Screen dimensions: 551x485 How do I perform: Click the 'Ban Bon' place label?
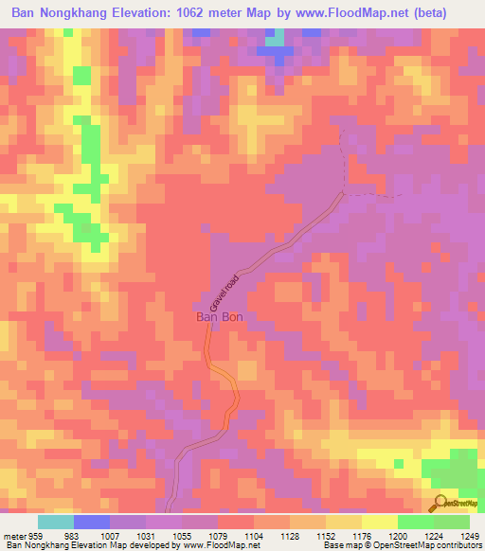(x=220, y=318)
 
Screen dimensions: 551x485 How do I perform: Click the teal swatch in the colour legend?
(x=56, y=522)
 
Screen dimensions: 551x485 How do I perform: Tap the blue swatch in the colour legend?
(x=92, y=522)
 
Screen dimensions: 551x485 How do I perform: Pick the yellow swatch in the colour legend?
(x=380, y=522)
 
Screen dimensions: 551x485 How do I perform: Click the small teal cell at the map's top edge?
(x=275, y=41)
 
